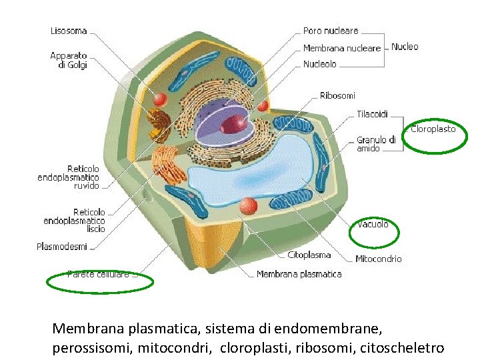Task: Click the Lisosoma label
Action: (x=69, y=31)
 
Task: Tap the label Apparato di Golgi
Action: (x=69, y=61)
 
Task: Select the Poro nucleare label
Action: (x=331, y=31)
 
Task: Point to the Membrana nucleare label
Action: (x=342, y=48)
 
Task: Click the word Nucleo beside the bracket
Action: (x=405, y=47)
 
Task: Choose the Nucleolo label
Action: (x=320, y=65)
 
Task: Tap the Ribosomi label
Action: (x=337, y=96)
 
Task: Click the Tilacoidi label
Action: (x=372, y=114)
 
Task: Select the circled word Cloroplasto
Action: (x=433, y=129)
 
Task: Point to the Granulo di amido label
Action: (x=376, y=144)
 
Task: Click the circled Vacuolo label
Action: (x=373, y=225)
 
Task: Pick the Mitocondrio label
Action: (x=379, y=259)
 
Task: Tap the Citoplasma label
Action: (x=309, y=255)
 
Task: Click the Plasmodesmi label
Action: (x=62, y=247)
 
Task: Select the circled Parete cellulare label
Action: (x=99, y=274)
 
